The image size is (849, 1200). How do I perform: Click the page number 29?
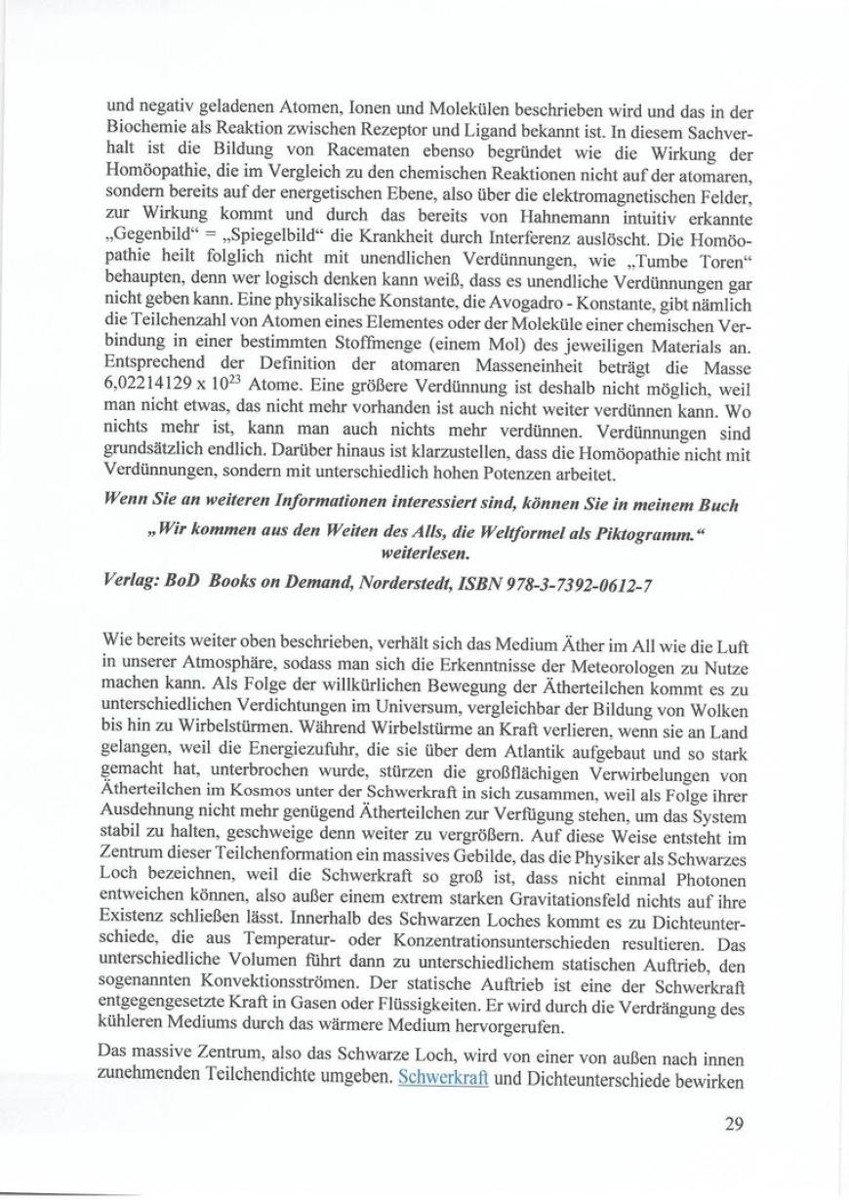pyautogui.click(x=733, y=1123)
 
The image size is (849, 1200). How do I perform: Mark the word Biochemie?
pyautogui.click(x=141, y=124)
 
